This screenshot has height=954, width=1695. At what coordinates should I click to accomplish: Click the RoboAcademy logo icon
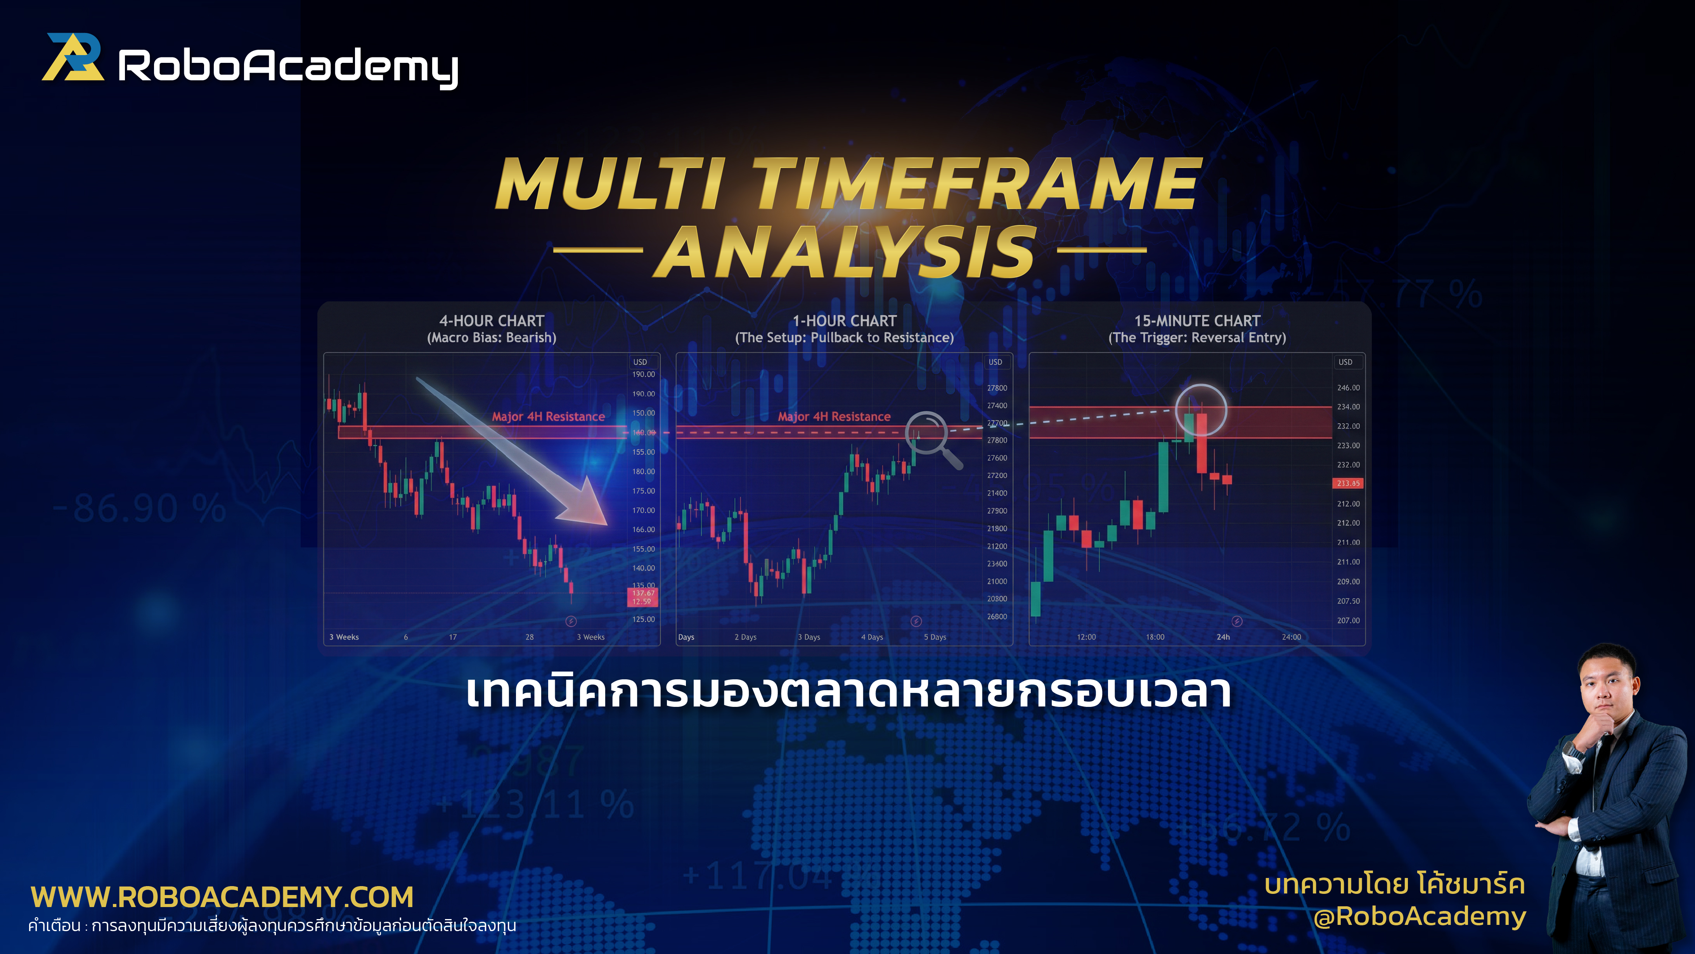pos(73,58)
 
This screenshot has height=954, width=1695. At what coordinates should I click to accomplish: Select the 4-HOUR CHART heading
pos(492,321)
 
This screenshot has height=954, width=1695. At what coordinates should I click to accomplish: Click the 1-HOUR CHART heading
pos(844,321)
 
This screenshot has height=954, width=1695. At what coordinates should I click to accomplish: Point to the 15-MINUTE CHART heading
pos(1197,321)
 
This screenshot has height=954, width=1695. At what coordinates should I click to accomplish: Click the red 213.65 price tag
pos(1347,483)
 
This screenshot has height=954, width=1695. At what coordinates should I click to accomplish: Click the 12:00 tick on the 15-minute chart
pos(1086,637)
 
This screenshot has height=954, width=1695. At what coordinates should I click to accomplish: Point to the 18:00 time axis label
pos(1155,637)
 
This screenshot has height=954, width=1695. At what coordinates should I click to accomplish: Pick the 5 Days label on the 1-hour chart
pos(934,637)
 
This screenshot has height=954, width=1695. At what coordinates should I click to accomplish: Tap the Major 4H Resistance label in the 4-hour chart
pos(548,416)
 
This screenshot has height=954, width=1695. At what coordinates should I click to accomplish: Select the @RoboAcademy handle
pos(1419,916)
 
